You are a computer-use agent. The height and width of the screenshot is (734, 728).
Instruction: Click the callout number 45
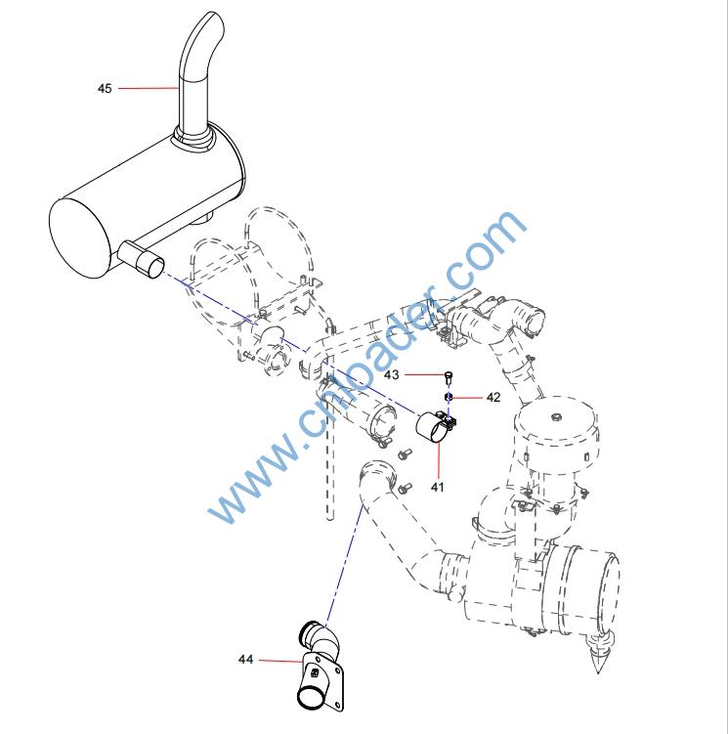pos(105,88)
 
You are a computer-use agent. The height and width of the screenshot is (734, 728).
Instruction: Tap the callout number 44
pos(246,659)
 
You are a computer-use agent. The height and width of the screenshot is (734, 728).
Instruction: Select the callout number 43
pos(392,374)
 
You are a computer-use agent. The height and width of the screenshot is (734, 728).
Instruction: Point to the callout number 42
pos(493,397)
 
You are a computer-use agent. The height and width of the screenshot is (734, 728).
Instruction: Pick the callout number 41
pos(437,487)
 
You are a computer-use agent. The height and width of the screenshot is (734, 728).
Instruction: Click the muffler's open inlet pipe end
pos(150,265)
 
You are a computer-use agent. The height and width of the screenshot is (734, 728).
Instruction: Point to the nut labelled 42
pos(448,398)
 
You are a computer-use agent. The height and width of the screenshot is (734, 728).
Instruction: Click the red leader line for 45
pos(149,88)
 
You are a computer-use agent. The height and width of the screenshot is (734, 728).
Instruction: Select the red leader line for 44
pos(281,661)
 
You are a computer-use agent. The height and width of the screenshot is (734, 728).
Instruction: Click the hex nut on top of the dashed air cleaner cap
pos(556,416)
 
